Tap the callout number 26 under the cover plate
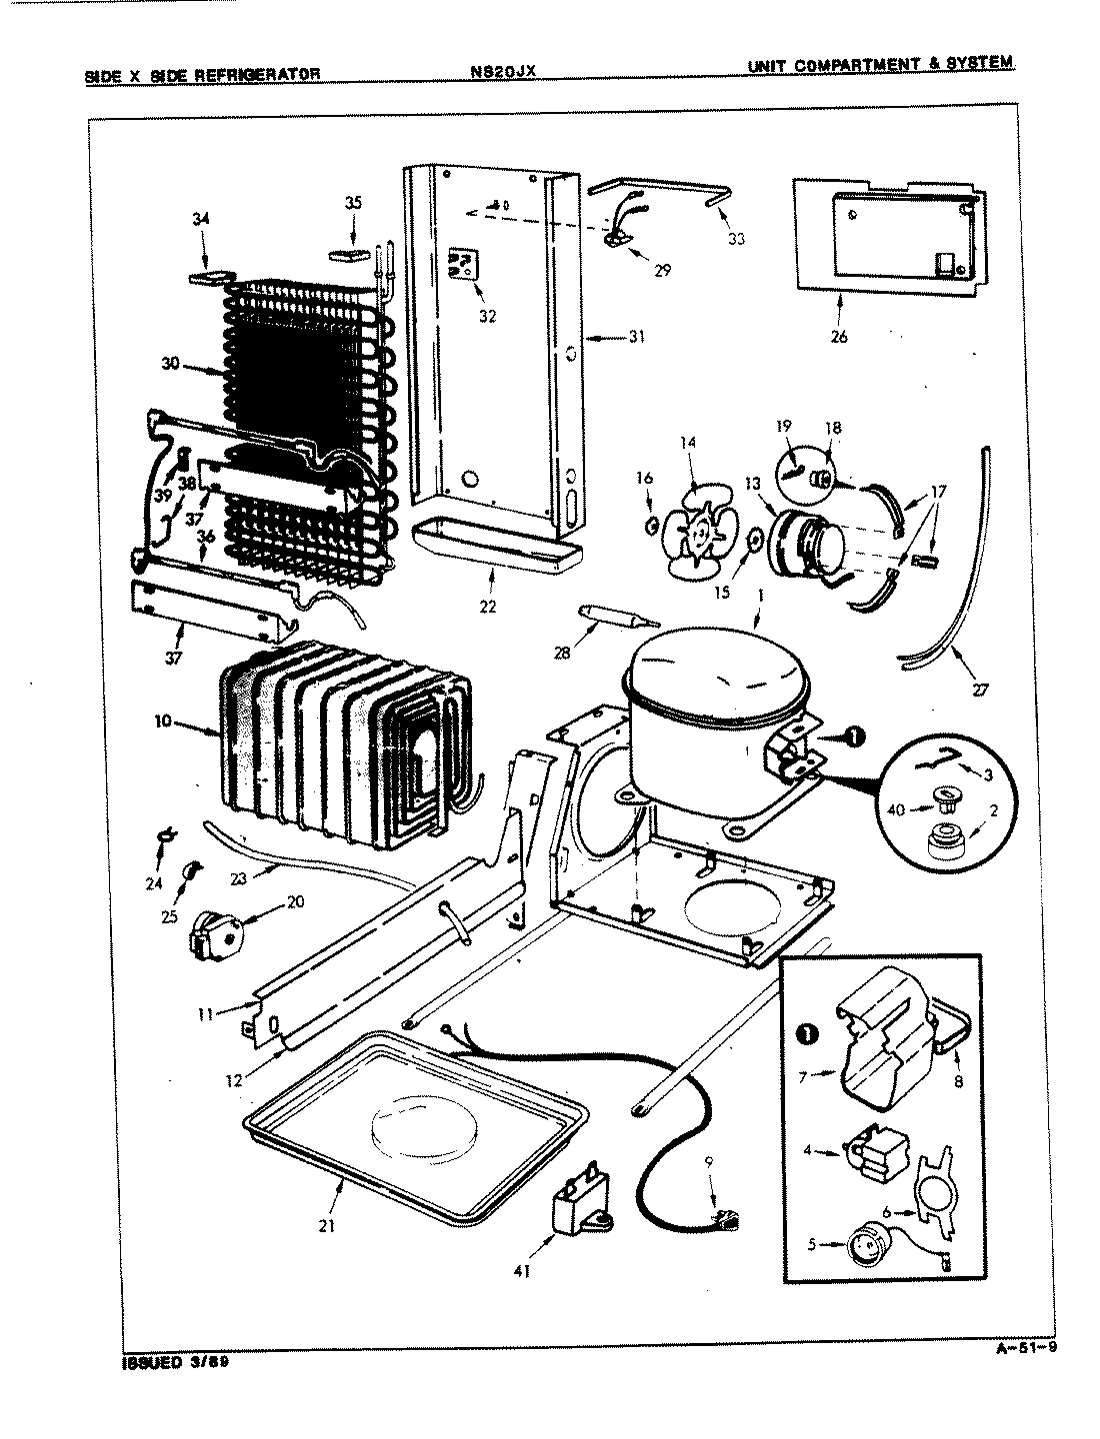(838, 337)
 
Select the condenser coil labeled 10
(330, 739)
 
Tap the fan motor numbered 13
(805, 545)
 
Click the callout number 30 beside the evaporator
(170, 364)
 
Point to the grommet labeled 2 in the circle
(940, 845)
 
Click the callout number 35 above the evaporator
(353, 203)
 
